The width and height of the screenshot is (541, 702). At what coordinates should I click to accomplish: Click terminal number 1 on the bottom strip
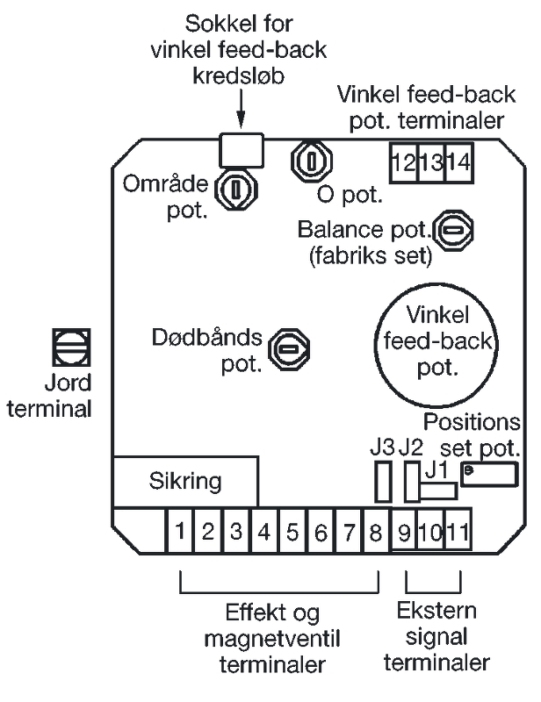tap(179, 531)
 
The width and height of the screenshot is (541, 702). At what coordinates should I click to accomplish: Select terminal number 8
tap(376, 531)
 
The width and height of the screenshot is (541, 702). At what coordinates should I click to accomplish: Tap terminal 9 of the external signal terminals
tap(404, 531)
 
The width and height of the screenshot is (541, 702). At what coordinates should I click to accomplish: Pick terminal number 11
tap(458, 531)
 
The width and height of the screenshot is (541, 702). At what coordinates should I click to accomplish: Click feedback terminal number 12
tap(404, 162)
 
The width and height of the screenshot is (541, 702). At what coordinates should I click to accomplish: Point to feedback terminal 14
tap(458, 162)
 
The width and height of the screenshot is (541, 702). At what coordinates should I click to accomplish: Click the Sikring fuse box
tap(184, 481)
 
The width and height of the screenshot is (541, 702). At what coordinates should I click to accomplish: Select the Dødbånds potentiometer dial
tap(286, 349)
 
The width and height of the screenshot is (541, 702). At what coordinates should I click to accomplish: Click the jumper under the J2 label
tap(410, 482)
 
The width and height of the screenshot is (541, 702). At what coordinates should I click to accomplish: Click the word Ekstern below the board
tap(433, 611)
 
